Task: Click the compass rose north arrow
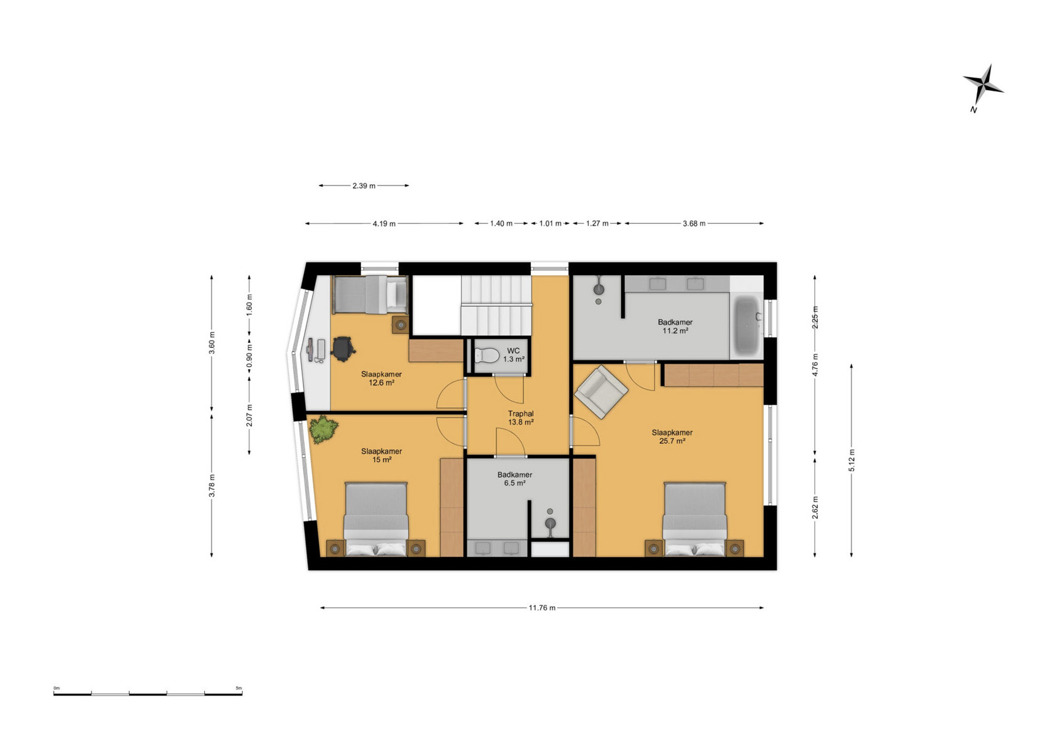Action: (983, 89)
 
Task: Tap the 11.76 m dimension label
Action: (542, 608)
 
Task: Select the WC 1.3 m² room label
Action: (513, 355)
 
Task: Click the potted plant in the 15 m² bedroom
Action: (323, 429)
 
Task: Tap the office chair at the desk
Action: (343, 348)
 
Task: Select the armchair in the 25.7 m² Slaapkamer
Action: (601, 392)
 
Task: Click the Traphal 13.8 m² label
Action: (521, 417)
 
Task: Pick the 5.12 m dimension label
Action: (851, 460)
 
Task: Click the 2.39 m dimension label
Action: (364, 186)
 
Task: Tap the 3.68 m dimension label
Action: (694, 224)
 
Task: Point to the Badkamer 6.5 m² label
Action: (515, 479)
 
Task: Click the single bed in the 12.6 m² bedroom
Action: (370, 294)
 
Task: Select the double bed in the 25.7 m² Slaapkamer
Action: (694, 519)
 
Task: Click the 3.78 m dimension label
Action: (212, 486)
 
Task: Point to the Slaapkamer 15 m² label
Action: (382, 456)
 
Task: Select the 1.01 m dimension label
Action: (550, 224)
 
